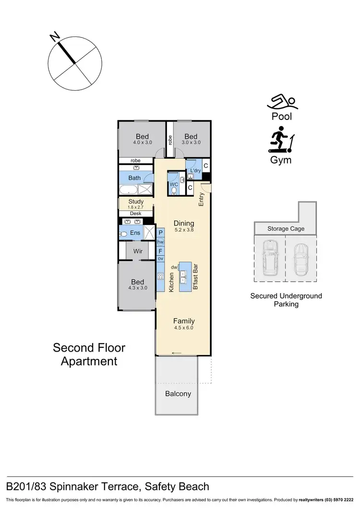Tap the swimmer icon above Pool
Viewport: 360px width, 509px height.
pos(283,102)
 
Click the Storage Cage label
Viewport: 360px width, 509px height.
pos(286,229)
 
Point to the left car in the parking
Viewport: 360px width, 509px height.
pos(269,258)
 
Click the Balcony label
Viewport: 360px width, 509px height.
pos(178,394)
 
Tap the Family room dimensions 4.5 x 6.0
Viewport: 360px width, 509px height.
pos(184,328)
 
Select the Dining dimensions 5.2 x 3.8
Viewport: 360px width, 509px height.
pos(184,230)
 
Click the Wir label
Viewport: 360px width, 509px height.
pos(138,251)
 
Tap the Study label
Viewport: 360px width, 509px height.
pos(136,202)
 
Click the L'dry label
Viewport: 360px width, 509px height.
pos(195,171)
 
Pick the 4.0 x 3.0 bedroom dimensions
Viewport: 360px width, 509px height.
pos(143,142)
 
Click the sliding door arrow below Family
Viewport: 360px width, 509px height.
pos(176,354)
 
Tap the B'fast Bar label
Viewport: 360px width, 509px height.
pos(195,278)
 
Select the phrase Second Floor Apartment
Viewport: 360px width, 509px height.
pos(89,354)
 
